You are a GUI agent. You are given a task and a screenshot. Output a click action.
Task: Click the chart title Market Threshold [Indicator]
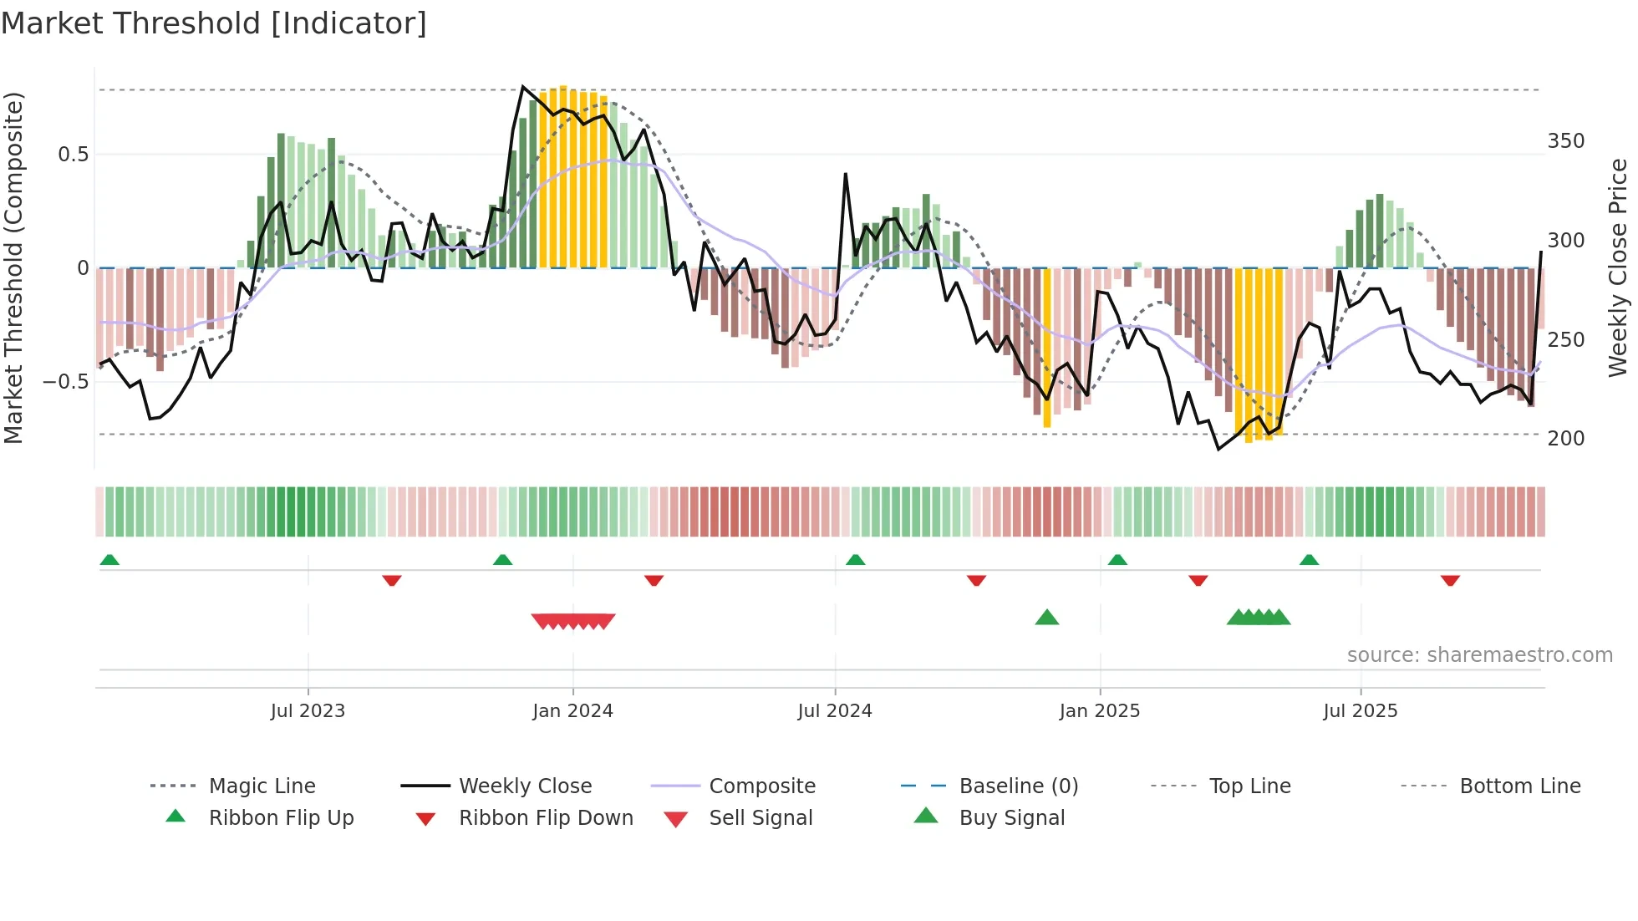[x=214, y=23]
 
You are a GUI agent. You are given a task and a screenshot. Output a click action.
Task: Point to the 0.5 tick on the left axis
[x=73, y=155]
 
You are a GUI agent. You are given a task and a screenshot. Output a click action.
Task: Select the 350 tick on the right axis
[x=1565, y=141]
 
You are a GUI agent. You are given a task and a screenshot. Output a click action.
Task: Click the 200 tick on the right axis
[x=1565, y=439]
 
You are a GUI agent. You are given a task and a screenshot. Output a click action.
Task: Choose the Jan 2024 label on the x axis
[x=572, y=711]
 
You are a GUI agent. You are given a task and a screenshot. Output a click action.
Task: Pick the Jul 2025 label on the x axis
[x=1360, y=711]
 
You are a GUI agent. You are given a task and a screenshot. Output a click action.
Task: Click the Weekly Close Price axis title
[x=1618, y=267]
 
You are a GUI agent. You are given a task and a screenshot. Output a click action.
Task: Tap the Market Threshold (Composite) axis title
[x=13, y=267]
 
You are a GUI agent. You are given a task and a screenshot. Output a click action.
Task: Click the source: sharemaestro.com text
[x=1479, y=655]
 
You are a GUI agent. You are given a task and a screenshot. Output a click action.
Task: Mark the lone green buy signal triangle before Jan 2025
[x=1046, y=618]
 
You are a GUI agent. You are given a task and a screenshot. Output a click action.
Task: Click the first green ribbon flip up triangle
[x=109, y=560]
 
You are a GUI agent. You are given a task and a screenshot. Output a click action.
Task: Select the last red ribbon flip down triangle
[x=1450, y=580]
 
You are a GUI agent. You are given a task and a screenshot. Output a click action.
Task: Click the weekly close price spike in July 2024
[x=846, y=175]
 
